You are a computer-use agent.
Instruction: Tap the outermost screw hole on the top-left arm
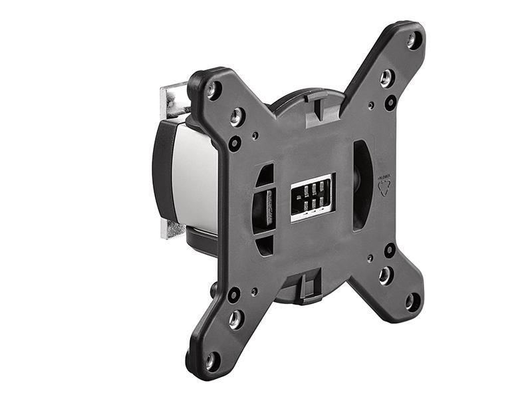click(213, 89)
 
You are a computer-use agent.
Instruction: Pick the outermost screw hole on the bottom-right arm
click(412, 301)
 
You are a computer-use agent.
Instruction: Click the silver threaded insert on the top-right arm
click(386, 78)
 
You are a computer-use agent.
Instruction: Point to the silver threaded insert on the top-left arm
click(237, 118)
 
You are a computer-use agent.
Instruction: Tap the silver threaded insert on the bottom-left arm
click(236, 320)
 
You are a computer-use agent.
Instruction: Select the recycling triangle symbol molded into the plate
click(384, 187)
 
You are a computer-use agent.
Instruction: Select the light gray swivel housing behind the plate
click(196, 176)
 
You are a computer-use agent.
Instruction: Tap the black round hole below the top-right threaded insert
click(390, 103)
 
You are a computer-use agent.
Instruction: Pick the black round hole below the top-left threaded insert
click(235, 143)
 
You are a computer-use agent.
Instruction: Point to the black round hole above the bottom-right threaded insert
click(390, 249)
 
